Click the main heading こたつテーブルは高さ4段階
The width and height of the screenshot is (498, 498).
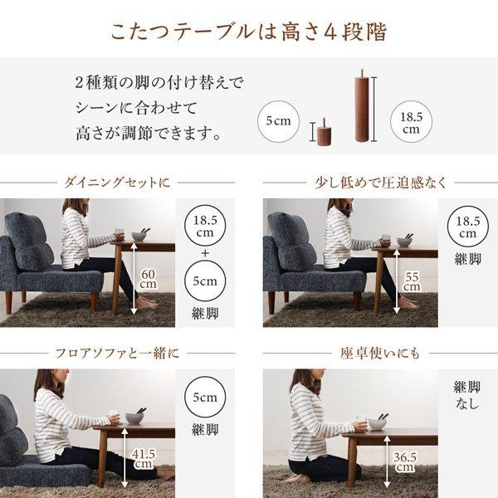coord(248,32)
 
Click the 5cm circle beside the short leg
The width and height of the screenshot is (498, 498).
coord(278,121)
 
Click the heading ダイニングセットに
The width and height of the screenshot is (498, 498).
coord(118,182)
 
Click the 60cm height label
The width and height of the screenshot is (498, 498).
coord(148,280)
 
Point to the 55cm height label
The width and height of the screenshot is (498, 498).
coord(411,281)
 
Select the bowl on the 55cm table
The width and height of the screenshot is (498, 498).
coord(404,242)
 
